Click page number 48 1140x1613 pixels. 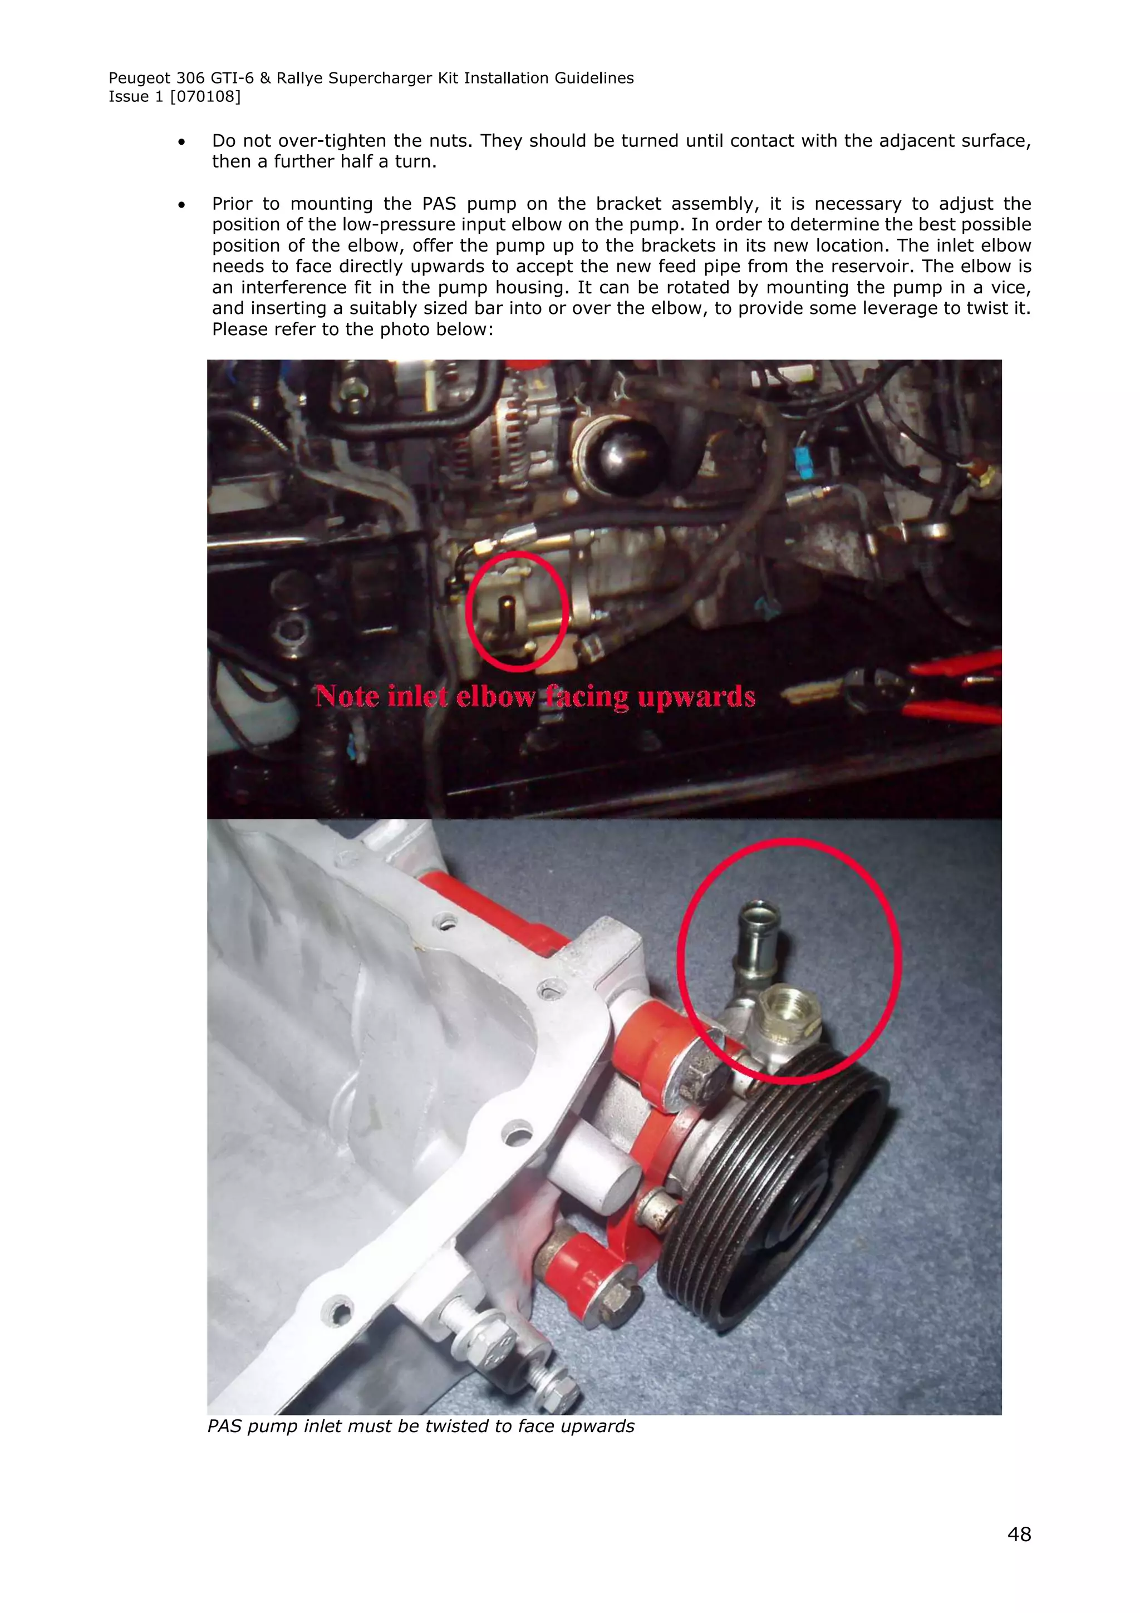coord(1019,1533)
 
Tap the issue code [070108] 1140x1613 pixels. coord(205,97)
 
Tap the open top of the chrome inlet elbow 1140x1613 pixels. coord(759,914)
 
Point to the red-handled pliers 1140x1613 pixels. coord(934,685)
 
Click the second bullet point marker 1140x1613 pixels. coord(182,204)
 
